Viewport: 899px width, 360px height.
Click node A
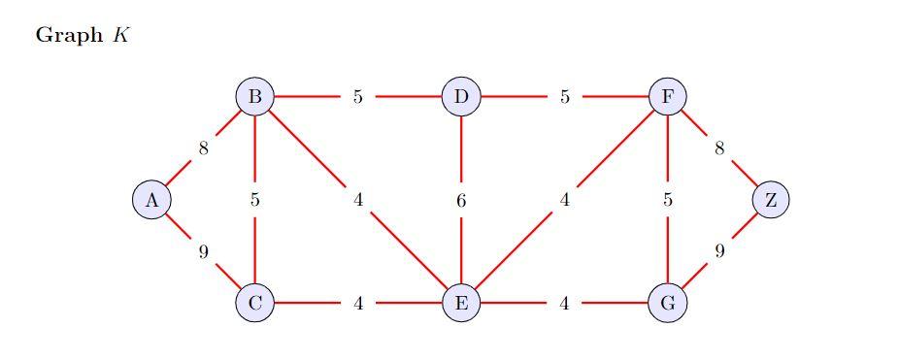click(x=151, y=200)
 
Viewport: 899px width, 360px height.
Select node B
click(x=254, y=97)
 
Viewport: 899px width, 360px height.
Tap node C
click(x=254, y=303)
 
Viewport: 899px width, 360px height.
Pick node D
click(x=461, y=97)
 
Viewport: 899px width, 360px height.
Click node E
click(x=461, y=303)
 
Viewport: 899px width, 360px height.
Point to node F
click(x=668, y=97)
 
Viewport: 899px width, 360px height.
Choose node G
click(x=668, y=303)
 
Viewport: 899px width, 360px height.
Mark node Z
click(x=771, y=200)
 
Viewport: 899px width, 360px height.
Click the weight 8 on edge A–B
click(x=203, y=148)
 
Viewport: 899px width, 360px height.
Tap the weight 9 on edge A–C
click(x=203, y=251)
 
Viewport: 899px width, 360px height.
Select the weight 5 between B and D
click(x=357, y=97)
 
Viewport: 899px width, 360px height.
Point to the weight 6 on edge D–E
click(x=461, y=200)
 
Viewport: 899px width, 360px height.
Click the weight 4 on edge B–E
click(x=357, y=200)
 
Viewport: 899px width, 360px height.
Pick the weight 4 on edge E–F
click(x=564, y=200)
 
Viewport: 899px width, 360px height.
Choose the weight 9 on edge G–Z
click(x=719, y=251)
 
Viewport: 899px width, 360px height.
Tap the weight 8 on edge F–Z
click(x=719, y=148)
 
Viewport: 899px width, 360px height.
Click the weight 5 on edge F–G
click(x=668, y=200)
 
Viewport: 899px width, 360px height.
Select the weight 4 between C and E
click(x=357, y=303)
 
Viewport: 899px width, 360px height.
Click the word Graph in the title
click(x=68, y=36)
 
